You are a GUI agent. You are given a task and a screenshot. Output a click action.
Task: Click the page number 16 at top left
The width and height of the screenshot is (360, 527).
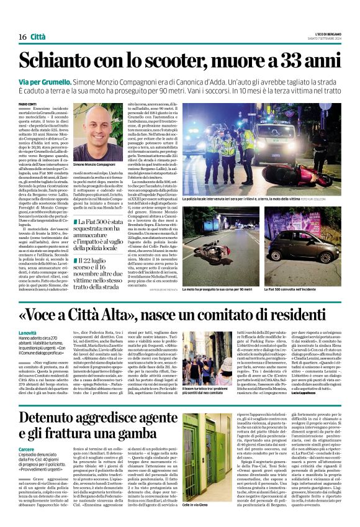(x=22, y=37)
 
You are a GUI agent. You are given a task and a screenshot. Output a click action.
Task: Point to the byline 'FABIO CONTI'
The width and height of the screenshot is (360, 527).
(x=28, y=104)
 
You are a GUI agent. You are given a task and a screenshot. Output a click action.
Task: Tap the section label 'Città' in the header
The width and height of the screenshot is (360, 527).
(x=38, y=37)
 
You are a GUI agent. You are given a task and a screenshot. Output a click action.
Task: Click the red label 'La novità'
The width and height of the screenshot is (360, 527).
(x=28, y=333)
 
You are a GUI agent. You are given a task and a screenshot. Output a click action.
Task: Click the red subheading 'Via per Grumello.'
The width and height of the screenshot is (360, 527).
(x=45, y=81)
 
